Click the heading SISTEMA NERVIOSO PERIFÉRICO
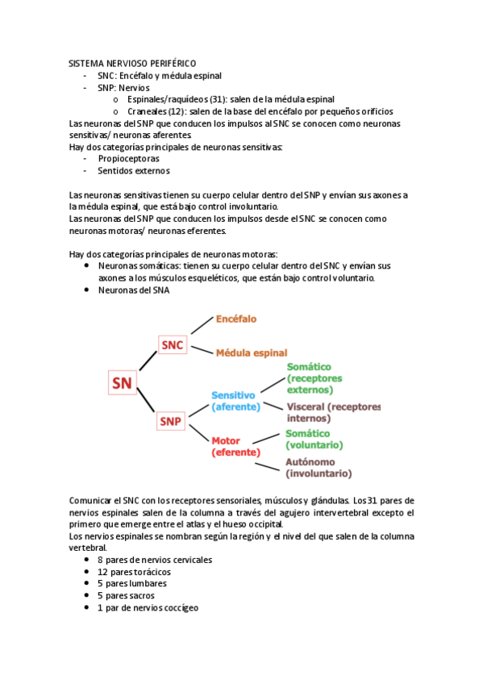click(x=132, y=63)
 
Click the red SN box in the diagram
click(x=123, y=382)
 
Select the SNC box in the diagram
click(x=173, y=345)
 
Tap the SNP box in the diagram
click(x=170, y=421)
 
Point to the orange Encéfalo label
click(x=236, y=319)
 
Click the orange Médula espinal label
click(x=251, y=353)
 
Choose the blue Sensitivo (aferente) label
click(x=235, y=401)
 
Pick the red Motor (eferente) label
click(x=235, y=447)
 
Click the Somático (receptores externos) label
click(x=314, y=378)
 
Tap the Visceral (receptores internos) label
click(x=332, y=412)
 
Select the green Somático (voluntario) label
click(x=314, y=440)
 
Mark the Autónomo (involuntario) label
click(x=318, y=468)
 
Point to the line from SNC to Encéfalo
click(x=199, y=331)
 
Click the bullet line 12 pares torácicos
click(x=134, y=572)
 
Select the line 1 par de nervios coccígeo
click(x=148, y=607)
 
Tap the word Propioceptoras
click(x=128, y=159)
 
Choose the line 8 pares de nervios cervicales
click(x=149, y=560)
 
